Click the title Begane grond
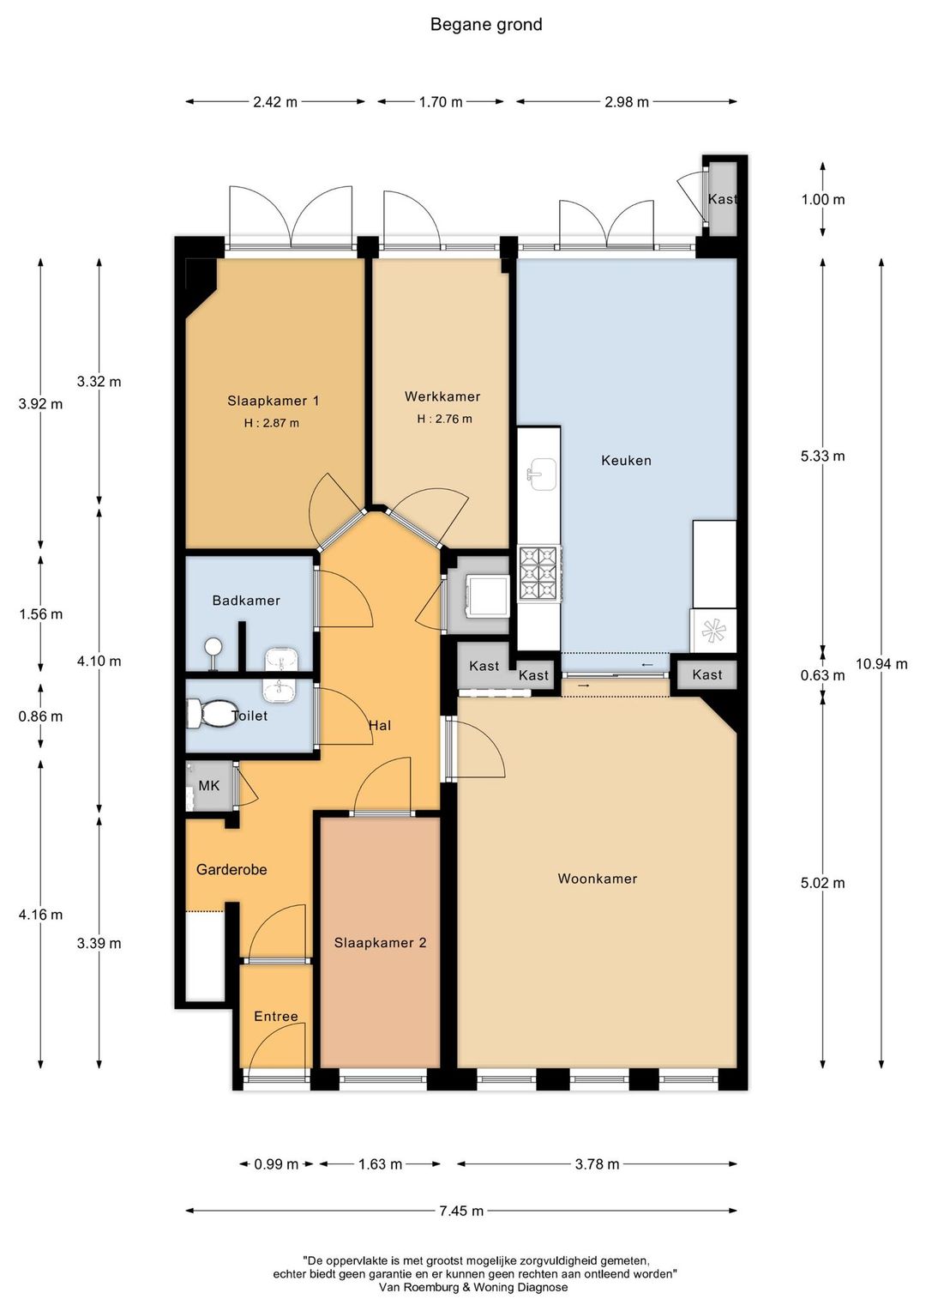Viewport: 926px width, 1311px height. pos(486,25)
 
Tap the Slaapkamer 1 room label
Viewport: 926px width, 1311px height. pos(274,401)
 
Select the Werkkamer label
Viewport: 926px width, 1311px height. pos(442,396)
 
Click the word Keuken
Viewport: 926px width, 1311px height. pos(626,461)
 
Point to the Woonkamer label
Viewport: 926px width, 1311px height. pos(598,878)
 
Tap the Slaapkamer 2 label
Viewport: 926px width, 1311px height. pos(380,942)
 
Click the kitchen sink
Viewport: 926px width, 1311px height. pos(542,474)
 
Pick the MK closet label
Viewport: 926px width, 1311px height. pos(208,785)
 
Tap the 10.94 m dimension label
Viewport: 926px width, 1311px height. pos(881,664)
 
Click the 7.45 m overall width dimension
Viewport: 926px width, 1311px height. pos(461,1211)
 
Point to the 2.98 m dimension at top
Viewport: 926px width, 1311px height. pos(627,102)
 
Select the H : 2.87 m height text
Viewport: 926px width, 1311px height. pos(272,423)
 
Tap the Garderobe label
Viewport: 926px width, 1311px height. pos(231,870)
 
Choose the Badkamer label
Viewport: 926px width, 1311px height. pos(246,601)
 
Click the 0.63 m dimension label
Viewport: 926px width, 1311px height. pos(822,675)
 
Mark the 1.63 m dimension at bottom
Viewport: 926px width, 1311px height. pos(380,1164)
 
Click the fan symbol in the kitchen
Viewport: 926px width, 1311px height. pos(713,631)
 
